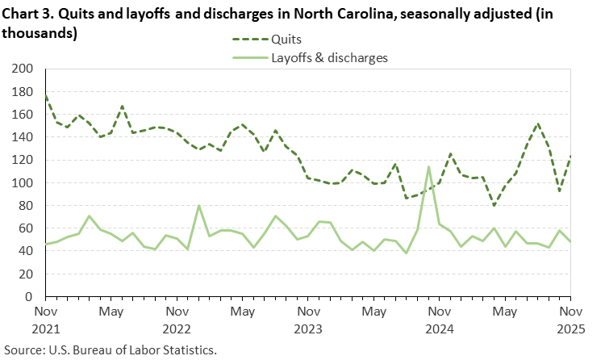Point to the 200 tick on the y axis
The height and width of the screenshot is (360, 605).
(23, 69)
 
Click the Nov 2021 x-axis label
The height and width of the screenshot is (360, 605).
(45, 319)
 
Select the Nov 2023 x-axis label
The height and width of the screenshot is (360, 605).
(307, 319)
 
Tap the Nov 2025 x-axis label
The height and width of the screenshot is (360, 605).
(570, 319)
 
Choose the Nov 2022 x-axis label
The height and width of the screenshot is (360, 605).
(177, 319)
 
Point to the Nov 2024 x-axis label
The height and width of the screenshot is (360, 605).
(439, 319)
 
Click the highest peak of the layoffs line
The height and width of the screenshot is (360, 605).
(428, 167)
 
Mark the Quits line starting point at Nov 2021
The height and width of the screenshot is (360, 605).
(45, 95)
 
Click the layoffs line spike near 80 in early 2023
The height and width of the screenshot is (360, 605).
(198, 206)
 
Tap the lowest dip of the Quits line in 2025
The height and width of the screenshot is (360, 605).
(494, 205)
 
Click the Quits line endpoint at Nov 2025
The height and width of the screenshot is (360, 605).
(570, 156)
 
